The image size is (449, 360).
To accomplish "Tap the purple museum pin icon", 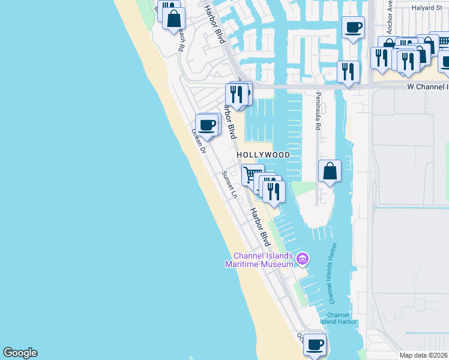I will (x=303, y=260).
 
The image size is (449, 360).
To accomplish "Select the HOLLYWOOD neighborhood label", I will (x=263, y=155).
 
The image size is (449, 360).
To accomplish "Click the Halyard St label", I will (x=426, y=8).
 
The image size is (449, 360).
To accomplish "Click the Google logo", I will (x=20, y=353).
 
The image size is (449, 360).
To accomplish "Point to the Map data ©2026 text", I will (x=423, y=355).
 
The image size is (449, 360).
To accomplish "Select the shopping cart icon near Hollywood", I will (x=253, y=175).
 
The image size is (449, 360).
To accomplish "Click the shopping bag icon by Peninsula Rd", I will (x=330, y=170).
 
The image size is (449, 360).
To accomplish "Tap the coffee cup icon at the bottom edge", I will (x=315, y=344).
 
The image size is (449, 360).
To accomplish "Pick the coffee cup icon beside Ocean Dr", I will (x=207, y=125).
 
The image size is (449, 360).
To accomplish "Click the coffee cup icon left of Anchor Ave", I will (x=353, y=27).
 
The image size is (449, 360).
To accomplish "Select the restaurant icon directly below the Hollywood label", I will (x=273, y=191).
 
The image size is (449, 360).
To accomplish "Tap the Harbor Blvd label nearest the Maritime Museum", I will (x=260, y=226).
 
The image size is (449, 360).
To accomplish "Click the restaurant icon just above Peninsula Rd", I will (x=348, y=72).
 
